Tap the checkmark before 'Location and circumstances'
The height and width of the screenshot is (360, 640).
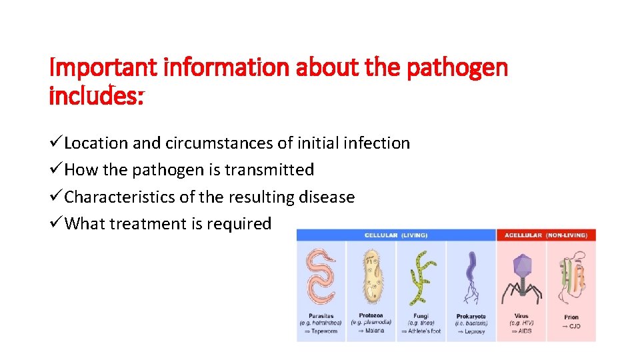tap(57, 143)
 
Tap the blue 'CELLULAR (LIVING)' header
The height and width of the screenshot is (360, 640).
tap(396, 235)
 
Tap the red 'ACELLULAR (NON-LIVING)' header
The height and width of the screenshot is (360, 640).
tap(546, 235)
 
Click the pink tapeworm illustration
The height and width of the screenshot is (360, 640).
tap(321, 275)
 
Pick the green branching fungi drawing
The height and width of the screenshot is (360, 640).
tap(421, 275)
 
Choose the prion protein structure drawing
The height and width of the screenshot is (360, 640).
tap(571, 275)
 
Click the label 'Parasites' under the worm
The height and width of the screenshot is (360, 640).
tap(321, 316)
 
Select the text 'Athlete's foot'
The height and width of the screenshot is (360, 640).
tap(424, 331)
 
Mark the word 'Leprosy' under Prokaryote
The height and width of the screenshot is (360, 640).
tap(474, 331)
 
